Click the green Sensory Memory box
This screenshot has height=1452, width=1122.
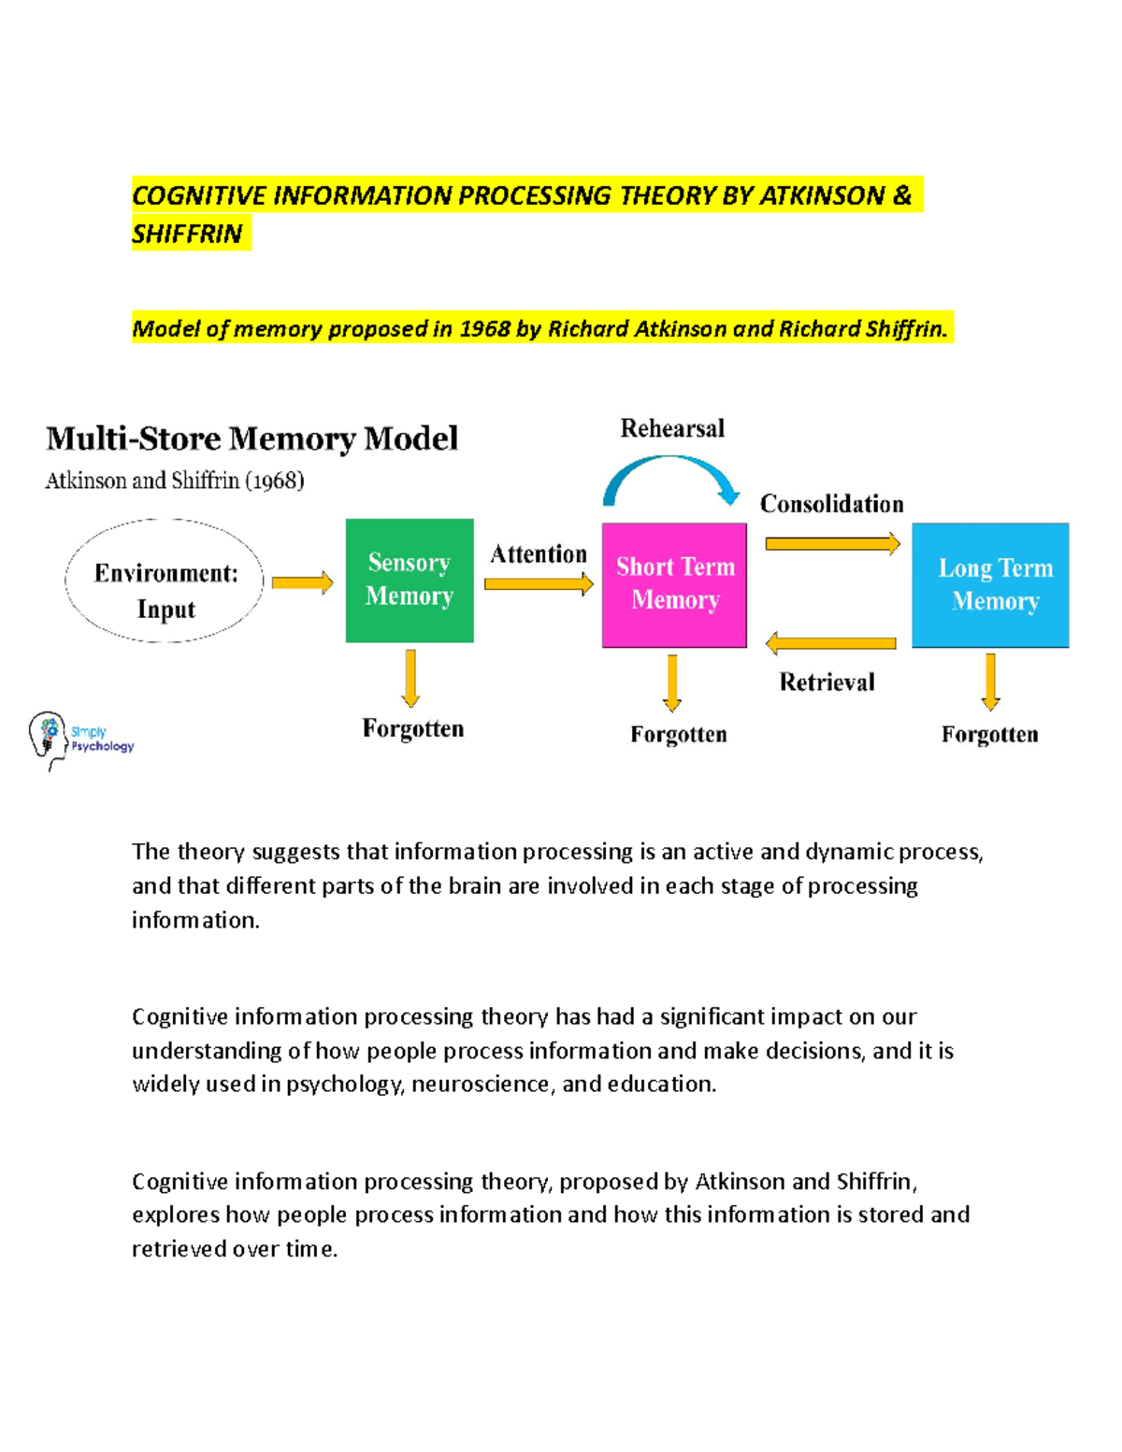410,580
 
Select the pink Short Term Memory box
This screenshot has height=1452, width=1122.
674,584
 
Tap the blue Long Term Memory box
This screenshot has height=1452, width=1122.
990,584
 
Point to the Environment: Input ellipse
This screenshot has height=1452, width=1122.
165,581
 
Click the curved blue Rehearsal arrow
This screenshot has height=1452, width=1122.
671,472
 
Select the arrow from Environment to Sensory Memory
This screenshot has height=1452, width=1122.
302,582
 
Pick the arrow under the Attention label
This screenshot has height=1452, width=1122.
539,584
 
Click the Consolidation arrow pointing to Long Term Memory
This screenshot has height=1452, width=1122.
832,543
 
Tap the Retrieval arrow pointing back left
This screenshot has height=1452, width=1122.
830,643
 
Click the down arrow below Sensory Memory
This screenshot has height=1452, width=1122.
410,678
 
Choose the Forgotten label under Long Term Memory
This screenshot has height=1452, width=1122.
989,735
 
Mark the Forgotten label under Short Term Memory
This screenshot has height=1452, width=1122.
678,735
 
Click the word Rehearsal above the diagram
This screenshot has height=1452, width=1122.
672,428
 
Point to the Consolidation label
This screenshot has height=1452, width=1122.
831,504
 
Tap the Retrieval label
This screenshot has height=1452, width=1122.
827,683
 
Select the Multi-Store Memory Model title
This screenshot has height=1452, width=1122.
252,438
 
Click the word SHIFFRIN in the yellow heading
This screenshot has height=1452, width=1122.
187,234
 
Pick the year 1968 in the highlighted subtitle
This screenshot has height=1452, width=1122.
484,329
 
